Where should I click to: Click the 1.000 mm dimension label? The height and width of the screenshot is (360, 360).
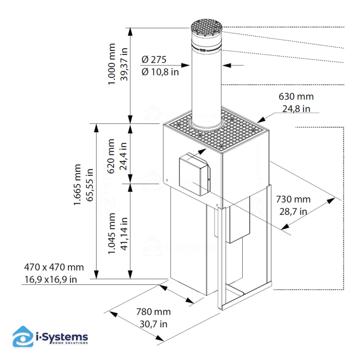coord(113,64)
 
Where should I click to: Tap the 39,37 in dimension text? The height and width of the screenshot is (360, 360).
coord(124,64)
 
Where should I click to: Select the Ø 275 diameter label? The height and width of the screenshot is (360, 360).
coord(154,60)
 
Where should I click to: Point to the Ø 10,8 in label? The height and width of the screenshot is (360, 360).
coord(160,72)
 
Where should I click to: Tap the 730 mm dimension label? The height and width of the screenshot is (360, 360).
coord(293,199)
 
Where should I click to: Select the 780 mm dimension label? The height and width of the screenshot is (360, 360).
coord(153,312)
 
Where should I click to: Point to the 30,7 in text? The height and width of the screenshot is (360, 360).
coord(153,323)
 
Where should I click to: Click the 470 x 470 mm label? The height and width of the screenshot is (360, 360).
coord(53,267)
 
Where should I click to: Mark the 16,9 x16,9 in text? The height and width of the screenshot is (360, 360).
coord(50,279)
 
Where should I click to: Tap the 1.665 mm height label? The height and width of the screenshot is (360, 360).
coord(78,185)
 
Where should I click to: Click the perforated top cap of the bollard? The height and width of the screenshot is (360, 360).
coord(206,26)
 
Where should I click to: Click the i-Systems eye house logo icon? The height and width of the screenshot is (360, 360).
coord(22,337)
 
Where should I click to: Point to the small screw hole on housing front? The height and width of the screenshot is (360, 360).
coord(167,179)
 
